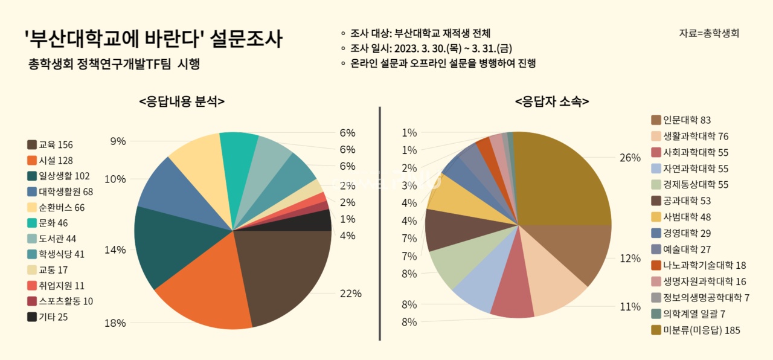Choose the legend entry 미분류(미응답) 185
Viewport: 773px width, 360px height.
(695, 330)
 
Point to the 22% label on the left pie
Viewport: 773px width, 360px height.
(350, 294)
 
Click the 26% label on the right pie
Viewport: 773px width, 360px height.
(630, 158)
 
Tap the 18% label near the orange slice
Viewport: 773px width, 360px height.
(115, 323)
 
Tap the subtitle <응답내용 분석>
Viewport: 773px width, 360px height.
(182, 101)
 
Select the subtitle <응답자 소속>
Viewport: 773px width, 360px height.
(552, 101)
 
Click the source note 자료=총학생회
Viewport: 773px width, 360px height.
(709, 33)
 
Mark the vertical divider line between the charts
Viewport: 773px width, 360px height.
(379, 223)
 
